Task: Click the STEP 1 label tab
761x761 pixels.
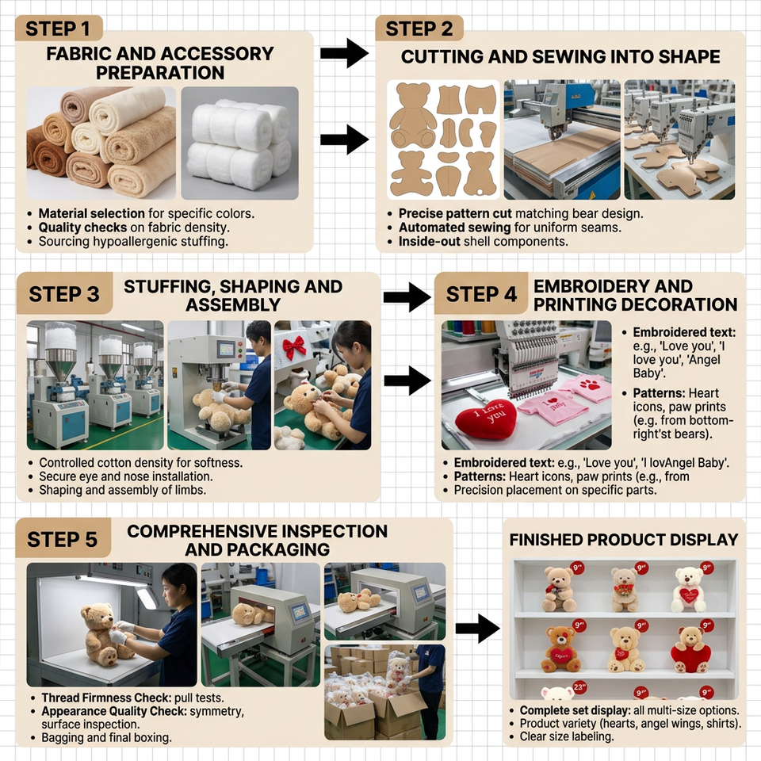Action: pyautogui.click(x=59, y=29)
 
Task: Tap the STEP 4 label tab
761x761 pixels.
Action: pyautogui.click(x=481, y=293)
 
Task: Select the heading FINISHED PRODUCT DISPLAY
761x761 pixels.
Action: pyautogui.click(x=624, y=540)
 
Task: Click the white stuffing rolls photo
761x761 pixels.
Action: pyautogui.click(x=239, y=143)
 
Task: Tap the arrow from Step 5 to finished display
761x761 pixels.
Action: pyautogui.click(x=477, y=629)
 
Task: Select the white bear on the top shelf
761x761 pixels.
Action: pyautogui.click(x=689, y=590)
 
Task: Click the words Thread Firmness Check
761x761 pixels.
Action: pyautogui.click(x=106, y=698)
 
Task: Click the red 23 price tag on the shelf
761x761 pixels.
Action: pyautogui.click(x=579, y=687)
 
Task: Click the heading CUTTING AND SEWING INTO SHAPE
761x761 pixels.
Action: pyautogui.click(x=560, y=57)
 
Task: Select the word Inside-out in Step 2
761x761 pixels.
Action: pyautogui.click(x=430, y=242)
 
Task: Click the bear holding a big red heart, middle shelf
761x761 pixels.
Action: pyautogui.click(x=690, y=650)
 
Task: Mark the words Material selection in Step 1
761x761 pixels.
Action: pyautogui.click(x=92, y=213)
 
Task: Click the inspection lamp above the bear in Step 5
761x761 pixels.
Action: pyautogui.click(x=146, y=596)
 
